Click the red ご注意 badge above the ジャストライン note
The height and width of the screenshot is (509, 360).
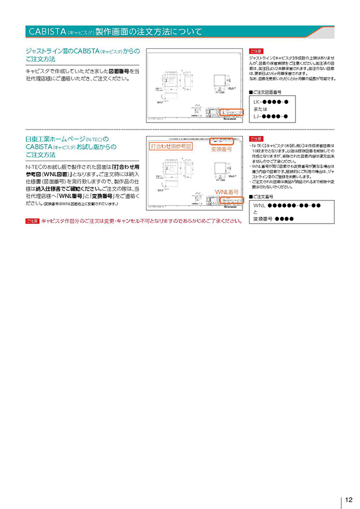[256, 51]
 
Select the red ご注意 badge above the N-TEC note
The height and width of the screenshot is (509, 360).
[256, 139]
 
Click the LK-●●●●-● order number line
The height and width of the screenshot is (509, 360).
[271, 102]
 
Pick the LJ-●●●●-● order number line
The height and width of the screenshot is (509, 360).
[271, 116]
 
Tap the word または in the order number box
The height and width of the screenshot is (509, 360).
[263, 109]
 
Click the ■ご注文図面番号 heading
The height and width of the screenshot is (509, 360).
[269, 92]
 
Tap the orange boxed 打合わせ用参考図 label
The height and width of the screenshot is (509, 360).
[170, 146]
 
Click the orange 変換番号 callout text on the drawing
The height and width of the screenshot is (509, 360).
[221, 149]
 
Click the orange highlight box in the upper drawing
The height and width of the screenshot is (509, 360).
[232, 113]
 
